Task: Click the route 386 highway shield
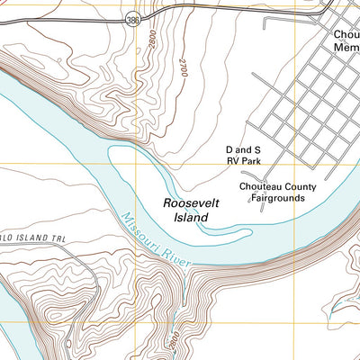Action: [x=133, y=18]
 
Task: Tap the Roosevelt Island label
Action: [x=186, y=211]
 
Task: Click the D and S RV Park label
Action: [x=243, y=157]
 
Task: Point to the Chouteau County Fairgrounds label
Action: [x=278, y=193]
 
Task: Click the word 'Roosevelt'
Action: [x=186, y=204]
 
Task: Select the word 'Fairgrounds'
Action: [x=278, y=199]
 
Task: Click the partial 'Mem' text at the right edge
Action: [x=346, y=52]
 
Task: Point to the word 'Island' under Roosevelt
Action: [x=186, y=218]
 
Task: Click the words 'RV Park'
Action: [x=243, y=164]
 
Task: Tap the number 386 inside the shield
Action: [x=133, y=18]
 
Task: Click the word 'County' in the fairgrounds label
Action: [x=300, y=187]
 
